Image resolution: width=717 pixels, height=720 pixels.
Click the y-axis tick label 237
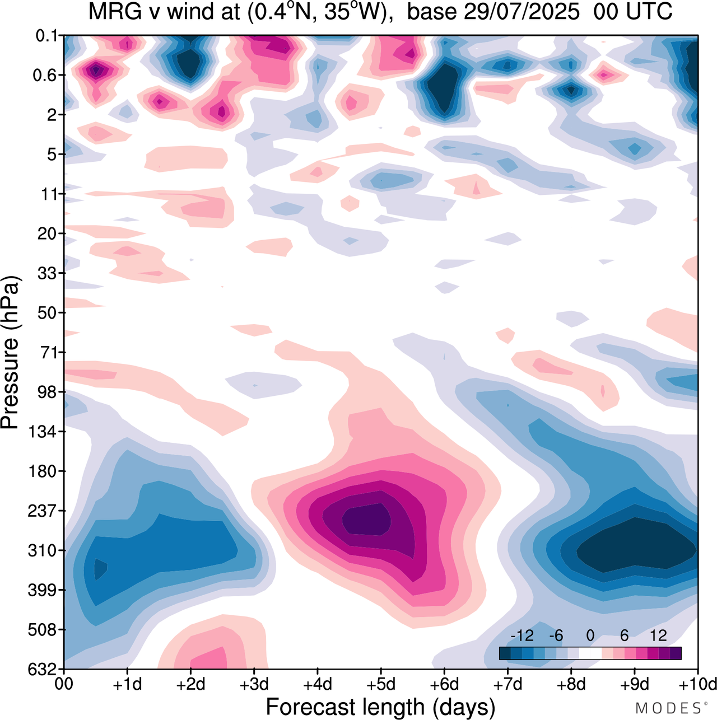coord(43,511)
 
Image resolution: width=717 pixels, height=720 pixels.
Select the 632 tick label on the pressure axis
coord(43,670)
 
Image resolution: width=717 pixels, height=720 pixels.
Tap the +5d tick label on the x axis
coord(380,685)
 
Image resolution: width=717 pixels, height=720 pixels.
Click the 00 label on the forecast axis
coord(64,685)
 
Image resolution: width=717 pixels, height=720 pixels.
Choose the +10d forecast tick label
coord(697,685)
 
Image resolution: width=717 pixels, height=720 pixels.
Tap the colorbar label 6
coord(624,635)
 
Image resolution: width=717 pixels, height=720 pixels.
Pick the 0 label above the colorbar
coord(590,635)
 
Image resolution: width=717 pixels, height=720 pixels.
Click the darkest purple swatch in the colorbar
coord(676,653)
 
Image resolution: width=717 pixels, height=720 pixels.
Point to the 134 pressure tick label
coord(43,432)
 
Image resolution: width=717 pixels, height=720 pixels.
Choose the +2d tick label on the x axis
coord(190,685)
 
